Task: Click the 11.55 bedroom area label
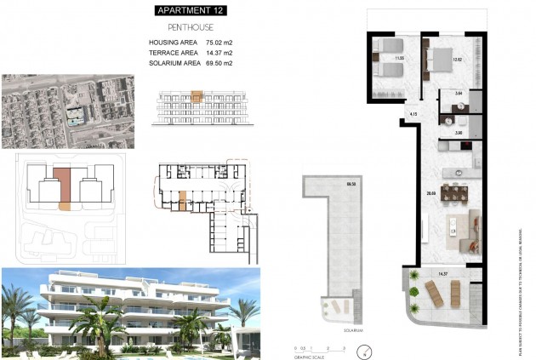pyautogui.click(x=397, y=59)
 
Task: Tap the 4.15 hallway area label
pyautogui.click(x=413, y=113)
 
